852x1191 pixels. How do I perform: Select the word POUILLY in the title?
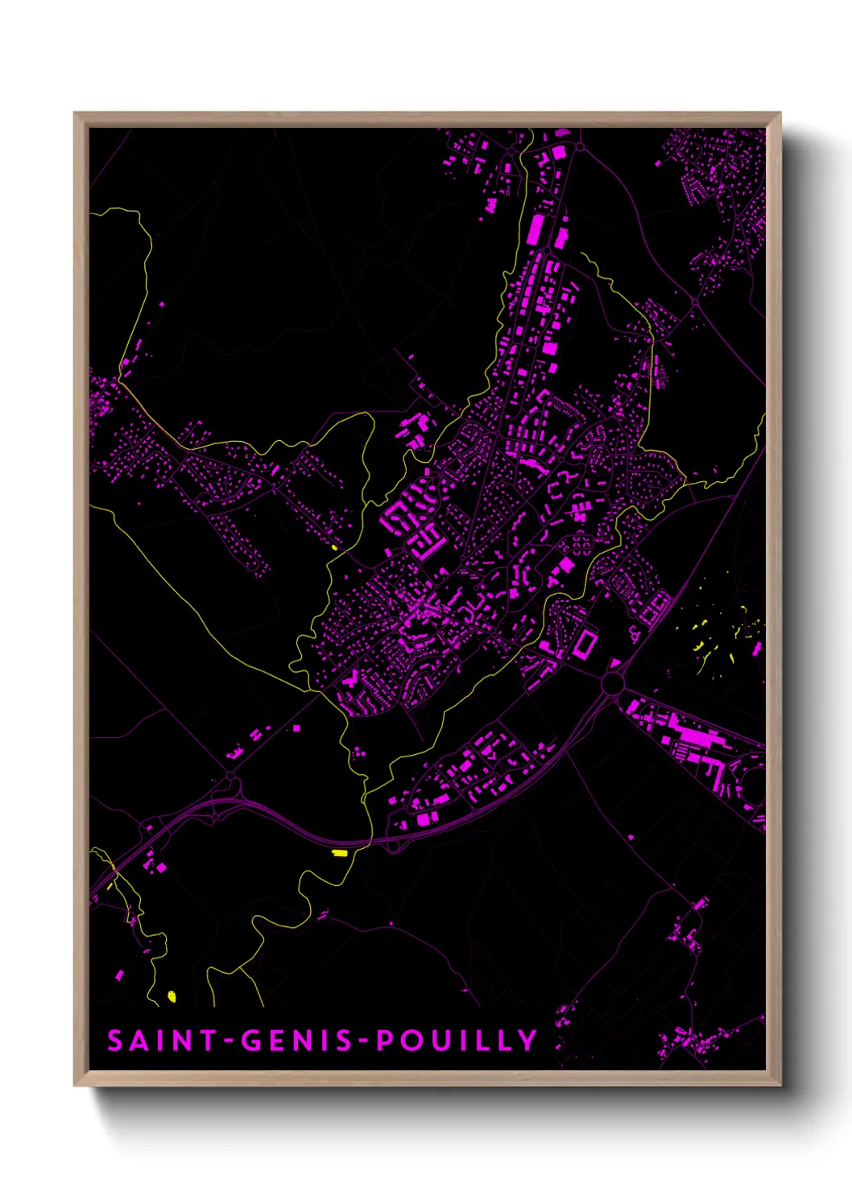(457, 1041)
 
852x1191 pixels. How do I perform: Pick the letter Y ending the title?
(527, 1041)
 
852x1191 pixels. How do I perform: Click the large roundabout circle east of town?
(614, 684)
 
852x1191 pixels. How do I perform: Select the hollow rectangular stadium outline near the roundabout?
(584, 644)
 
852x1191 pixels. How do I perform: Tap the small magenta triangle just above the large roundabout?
(615, 664)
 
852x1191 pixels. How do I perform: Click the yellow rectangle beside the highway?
(340, 852)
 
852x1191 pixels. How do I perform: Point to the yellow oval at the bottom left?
(171, 996)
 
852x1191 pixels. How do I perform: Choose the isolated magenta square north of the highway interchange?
(296, 728)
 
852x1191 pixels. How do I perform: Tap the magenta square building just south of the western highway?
(160, 867)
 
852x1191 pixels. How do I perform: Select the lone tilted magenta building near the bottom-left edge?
(120, 975)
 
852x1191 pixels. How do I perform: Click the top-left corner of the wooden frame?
(76, 114)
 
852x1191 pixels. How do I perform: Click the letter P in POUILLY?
(386, 1041)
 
